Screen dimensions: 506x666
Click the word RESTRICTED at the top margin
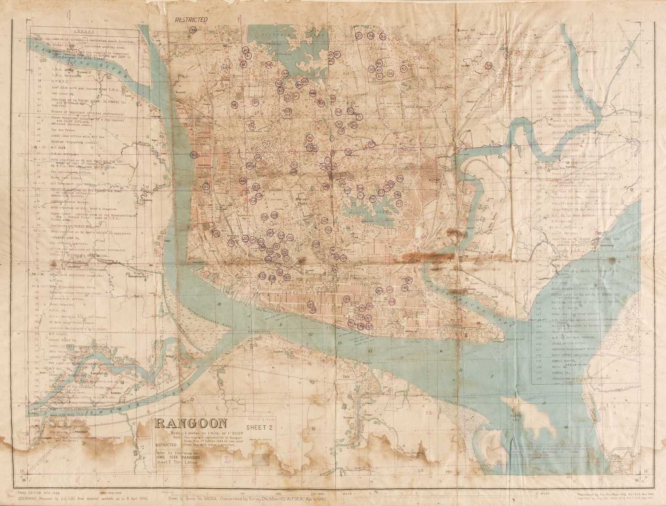tap(191, 20)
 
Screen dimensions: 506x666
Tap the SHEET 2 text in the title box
tap(259, 428)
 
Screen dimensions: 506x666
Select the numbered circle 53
tap(404, 69)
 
